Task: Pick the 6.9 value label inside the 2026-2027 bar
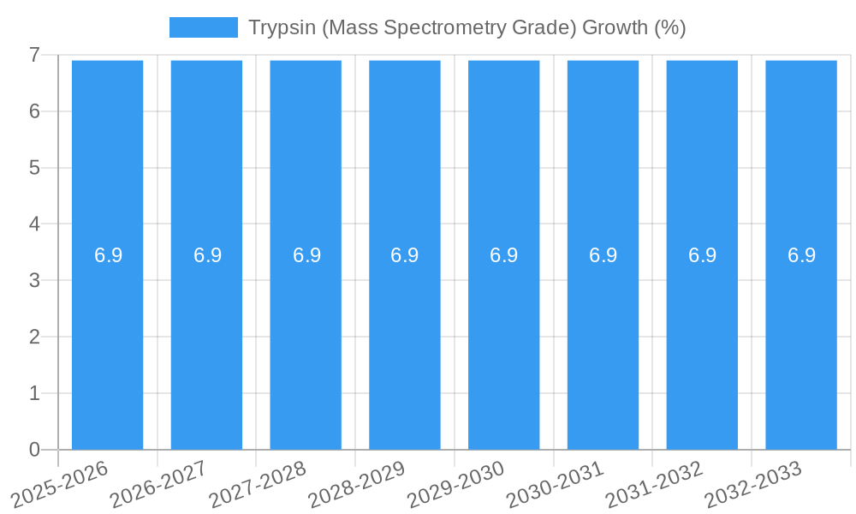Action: point(207,255)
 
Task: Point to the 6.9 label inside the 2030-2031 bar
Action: point(603,255)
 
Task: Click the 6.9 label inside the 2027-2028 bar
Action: point(306,255)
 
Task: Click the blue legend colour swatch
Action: point(204,27)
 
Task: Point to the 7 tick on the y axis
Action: point(35,55)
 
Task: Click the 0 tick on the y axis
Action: point(35,450)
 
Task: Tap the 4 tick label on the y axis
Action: point(35,224)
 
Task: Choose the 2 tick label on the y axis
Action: point(35,337)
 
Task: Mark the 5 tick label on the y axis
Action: point(35,168)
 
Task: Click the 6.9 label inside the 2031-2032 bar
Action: point(702,255)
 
